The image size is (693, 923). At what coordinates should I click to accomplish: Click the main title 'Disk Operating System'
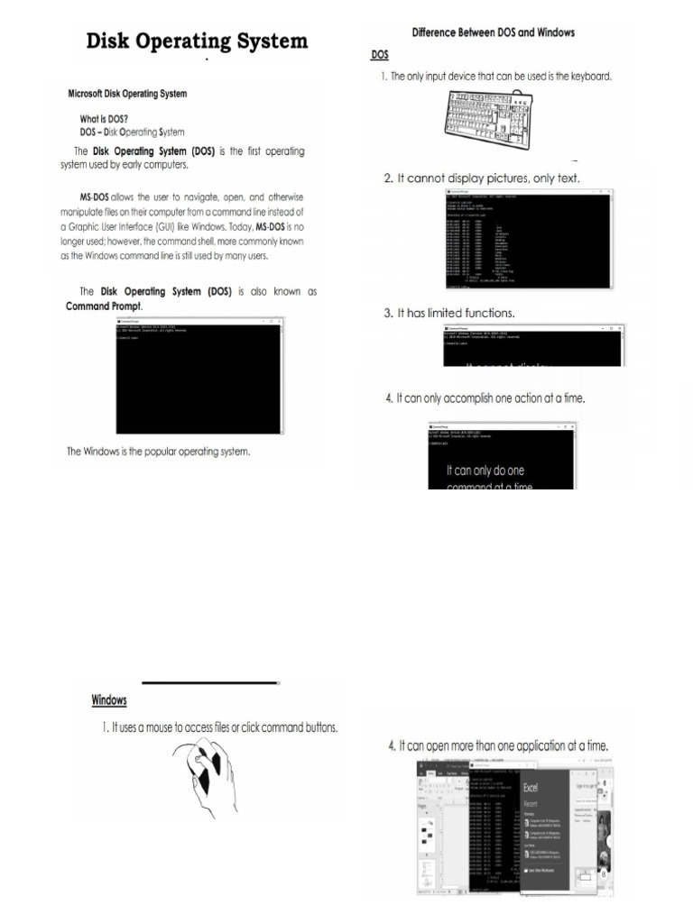pos(197,41)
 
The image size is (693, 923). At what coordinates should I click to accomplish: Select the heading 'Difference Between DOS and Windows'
pos(493,32)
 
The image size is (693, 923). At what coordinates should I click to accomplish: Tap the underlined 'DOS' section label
pos(381,55)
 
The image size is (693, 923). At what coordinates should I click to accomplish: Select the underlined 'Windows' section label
pos(109,700)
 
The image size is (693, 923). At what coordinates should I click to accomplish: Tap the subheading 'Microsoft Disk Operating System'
pos(128,94)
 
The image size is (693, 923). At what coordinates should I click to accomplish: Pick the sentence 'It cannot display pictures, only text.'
pos(482,178)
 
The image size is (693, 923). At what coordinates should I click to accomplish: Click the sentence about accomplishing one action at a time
pos(485,398)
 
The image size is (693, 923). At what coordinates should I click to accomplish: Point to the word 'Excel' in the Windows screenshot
pos(531,787)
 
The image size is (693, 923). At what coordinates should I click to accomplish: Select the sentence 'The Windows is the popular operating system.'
pos(159,452)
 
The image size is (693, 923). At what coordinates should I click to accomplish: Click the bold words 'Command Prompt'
pos(102,306)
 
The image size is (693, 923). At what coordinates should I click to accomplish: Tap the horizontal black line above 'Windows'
pos(210,683)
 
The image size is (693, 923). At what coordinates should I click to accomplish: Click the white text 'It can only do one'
pos(485,471)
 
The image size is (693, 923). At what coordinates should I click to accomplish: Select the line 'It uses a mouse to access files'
pos(220,727)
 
